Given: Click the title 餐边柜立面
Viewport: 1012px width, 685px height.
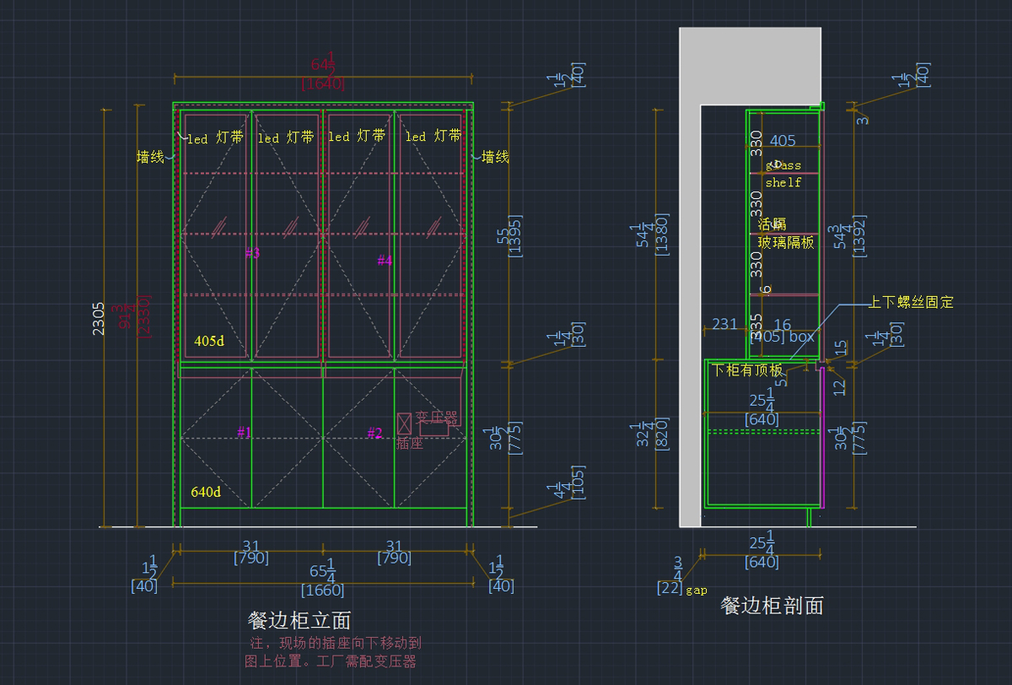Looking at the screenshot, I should (299, 621).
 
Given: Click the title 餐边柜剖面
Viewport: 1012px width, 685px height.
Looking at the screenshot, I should (772, 605).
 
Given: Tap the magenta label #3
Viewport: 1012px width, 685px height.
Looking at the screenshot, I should (252, 253).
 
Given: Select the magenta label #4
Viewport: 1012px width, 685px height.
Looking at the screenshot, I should (385, 261).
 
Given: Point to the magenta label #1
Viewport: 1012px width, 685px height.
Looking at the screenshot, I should (245, 433).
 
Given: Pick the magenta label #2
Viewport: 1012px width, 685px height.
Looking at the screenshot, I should (374, 434).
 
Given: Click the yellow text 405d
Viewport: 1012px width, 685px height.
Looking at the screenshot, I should (209, 342).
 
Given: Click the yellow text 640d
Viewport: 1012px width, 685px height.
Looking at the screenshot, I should (206, 492).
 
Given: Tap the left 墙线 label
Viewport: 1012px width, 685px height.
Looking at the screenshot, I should (150, 157).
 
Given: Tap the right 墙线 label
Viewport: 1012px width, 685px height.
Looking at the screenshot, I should (495, 157).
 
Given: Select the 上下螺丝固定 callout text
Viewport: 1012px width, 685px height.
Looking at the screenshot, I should (911, 302).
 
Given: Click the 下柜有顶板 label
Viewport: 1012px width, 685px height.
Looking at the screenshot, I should (747, 370).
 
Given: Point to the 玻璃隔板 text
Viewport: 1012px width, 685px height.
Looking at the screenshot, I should (786, 242).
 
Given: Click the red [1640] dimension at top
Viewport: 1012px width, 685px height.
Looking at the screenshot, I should (323, 83).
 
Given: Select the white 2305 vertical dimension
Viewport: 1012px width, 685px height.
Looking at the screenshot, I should (99, 319).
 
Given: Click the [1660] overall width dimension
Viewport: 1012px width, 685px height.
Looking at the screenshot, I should (323, 590).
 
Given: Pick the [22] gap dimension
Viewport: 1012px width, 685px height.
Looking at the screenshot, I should (670, 588).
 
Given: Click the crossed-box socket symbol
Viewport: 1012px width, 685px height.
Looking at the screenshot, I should (404, 423).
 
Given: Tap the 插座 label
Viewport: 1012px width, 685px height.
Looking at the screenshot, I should (410, 443).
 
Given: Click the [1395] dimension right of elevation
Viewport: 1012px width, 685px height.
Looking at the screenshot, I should (516, 238).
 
